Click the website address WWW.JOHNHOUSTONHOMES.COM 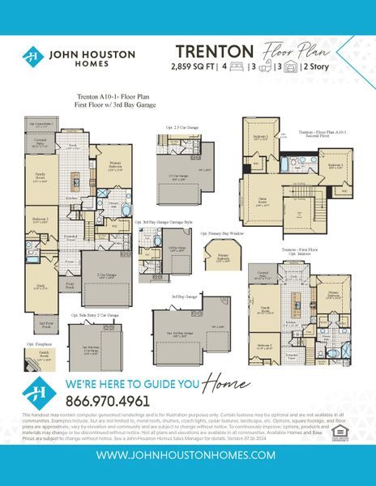188,457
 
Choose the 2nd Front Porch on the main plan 48,322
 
